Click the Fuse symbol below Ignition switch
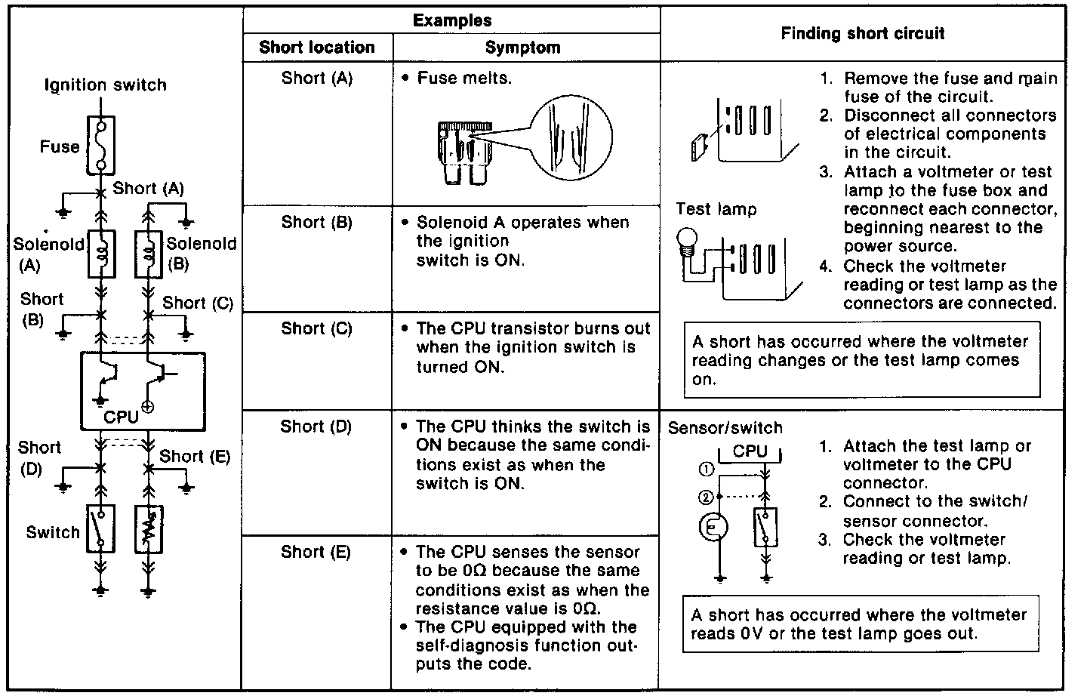point(101,143)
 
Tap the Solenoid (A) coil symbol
point(101,252)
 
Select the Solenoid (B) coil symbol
point(149,252)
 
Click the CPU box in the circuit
point(143,390)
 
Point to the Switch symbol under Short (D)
point(101,527)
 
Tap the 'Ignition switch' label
point(106,85)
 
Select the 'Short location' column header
point(317,48)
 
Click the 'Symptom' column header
point(522,48)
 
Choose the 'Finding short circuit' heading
point(863,33)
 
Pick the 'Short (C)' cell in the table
point(317,328)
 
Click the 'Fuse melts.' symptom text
point(464,78)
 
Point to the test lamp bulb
point(687,240)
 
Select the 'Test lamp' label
point(716,209)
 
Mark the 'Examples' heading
point(452,20)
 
